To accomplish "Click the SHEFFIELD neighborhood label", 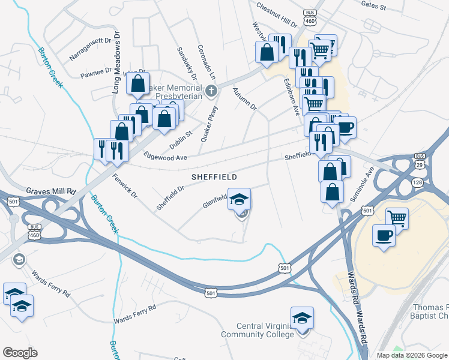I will coord(214,178).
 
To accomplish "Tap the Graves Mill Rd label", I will coord(51,191).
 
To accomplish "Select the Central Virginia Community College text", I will coord(259,330).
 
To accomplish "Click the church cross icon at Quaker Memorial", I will coord(210,92).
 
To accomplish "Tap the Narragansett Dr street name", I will coord(91,42).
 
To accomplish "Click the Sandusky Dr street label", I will coord(186,64).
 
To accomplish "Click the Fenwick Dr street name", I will coord(125,187).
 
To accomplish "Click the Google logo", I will coord(20,353).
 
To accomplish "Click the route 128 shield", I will coord(417,182).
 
